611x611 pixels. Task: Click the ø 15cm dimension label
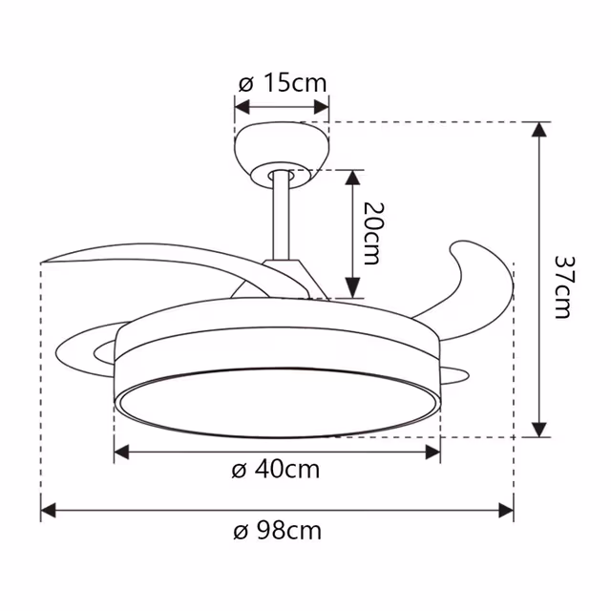click(282, 83)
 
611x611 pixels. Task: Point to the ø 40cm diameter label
click(276, 470)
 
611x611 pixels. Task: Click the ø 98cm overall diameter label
click(277, 531)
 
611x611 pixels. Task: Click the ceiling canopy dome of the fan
click(282, 147)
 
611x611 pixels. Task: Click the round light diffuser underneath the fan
click(277, 401)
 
